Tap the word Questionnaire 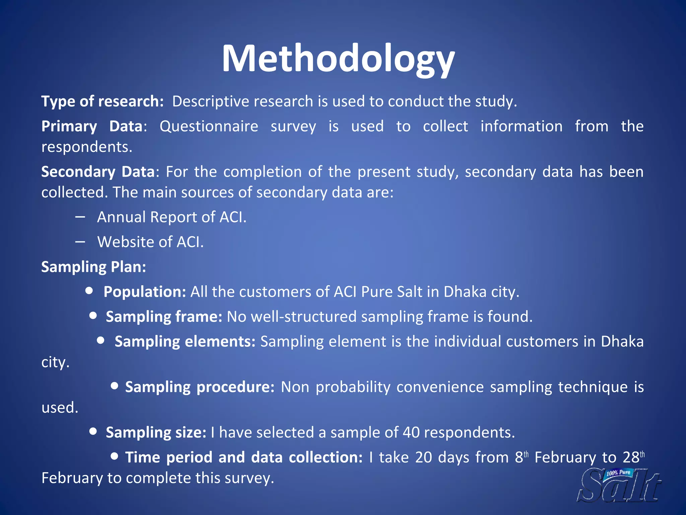[x=209, y=127]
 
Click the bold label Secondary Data [x=97, y=172]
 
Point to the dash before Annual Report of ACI [x=80, y=217]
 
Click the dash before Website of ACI [x=80, y=242]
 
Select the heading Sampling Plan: [x=93, y=267]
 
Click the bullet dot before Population [x=89, y=290]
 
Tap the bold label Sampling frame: [x=164, y=317]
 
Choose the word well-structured [x=303, y=317]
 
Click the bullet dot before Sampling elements [x=100, y=340]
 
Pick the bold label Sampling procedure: [x=200, y=387]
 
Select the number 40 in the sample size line [x=411, y=433]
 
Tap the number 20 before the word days [x=423, y=458]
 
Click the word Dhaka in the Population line [x=465, y=292]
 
